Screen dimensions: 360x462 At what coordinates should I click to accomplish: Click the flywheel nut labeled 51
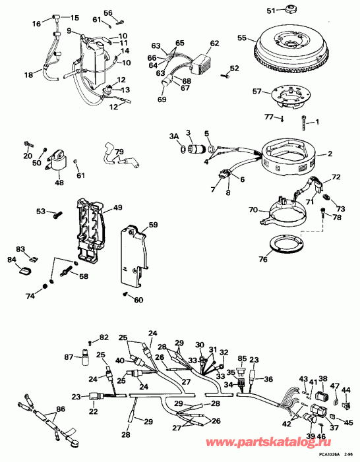pyautogui.click(x=290, y=10)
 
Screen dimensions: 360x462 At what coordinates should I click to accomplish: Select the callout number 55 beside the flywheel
pyautogui.click(x=242, y=38)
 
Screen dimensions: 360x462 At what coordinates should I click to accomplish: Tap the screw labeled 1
pyautogui.click(x=303, y=123)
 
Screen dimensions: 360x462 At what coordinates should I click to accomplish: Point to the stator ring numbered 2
pyautogui.click(x=289, y=157)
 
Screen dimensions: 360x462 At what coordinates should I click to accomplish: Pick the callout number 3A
pyautogui.click(x=174, y=136)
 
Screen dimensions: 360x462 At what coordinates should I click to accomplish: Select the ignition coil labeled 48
pyautogui.click(x=57, y=161)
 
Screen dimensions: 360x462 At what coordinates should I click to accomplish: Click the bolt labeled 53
pyautogui.click(x=58, y=214)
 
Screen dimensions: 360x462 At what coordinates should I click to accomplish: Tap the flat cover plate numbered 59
pyautogui.click(x=134, y=256)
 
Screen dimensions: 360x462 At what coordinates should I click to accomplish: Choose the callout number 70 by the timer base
pyautogui.click(x=254, y=210)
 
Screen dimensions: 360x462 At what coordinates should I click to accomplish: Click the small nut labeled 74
pyautogui.click(x=45, y=286)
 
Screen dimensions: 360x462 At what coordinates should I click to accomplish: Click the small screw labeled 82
pyautogui.click(x=90, y=342)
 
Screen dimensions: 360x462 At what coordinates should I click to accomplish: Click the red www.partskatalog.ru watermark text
pyautogui.click(x=268, y=442)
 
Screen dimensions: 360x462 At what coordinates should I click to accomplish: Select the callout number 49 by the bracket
pyautogui.click(x=117, y=207)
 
